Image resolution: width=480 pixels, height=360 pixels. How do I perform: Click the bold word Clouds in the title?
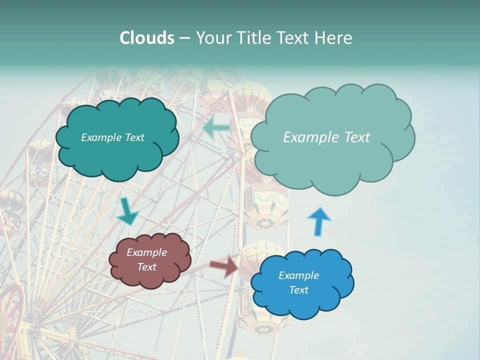click(x=147, y=38)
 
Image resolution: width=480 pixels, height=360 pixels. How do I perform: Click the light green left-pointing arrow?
click(x=216, y=128)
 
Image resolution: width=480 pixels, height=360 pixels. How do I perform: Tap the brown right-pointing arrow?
click(x=224, y=266)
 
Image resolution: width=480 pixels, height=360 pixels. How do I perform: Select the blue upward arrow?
click(x=318, y=221)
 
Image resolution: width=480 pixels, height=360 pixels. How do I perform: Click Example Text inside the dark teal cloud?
click(x=112, y=137)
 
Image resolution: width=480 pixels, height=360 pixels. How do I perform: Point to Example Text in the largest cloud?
click(x=326, y=137)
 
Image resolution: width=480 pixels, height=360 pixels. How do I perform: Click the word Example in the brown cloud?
click(x=146, y=252)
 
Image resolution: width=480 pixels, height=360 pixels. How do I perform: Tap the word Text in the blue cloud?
click(x=298, y=290)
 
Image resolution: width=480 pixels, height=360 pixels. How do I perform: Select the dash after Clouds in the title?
click(x=184, y=38)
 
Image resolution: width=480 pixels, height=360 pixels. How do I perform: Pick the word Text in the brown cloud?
click(x=146, y=267)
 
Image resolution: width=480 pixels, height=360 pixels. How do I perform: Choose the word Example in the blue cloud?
click(x=298, y=275)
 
